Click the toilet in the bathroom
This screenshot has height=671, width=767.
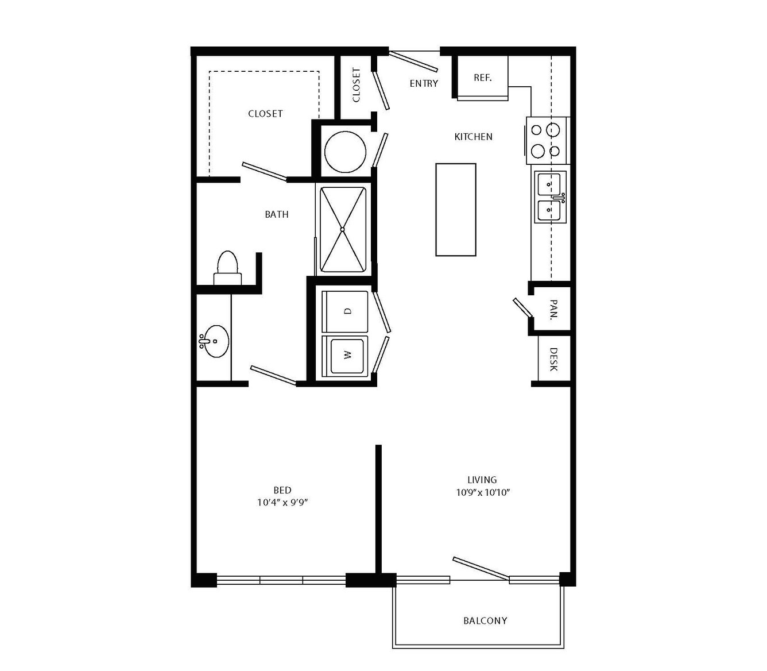pyautogui.click(x=227, y=268)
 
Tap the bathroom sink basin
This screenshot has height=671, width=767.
pyautogui.click(x=216, y=341)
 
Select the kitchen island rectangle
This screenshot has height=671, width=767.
pyautogui.click(x=455, y=210)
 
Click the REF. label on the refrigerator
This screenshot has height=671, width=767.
pyautogui.click(x=482, y=78)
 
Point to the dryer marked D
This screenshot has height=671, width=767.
pyautogui.click(x=345, y=311)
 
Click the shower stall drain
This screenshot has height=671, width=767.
pyautogui.click(x=342, y=229)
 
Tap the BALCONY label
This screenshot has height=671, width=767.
pyautogui.click(x=485, y=621)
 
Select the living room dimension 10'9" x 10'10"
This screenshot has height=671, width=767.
pyautogui.click(x=483, y=492)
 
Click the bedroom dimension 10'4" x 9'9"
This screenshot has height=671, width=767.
pyautogui.click(x=282, y=502)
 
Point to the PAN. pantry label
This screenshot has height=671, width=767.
pyautogui.click(x=553, y=309)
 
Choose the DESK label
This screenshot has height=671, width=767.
pyautogui.click(x=553, y=359)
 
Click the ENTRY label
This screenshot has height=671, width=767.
pyautogui.click(x=424, y=83)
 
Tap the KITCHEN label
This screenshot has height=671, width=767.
pyautogui.click(x=473, y=137)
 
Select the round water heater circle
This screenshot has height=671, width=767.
pyautogui.click(x=345, y=152)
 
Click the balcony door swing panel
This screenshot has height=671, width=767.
pyautogui.click(x=481, y=570)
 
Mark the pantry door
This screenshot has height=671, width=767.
pyautogui.click(x=522, y=307)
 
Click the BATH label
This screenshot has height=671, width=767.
pyautogui.click(x=277, y=214)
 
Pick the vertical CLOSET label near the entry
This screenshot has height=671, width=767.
pyautogui.click(x=356, y=85)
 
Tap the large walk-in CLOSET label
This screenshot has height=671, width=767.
pyautogui.click(x=265, y=114)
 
